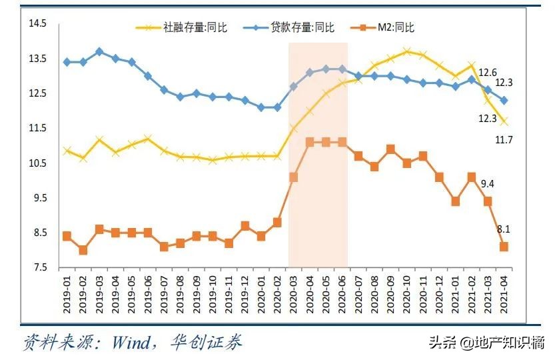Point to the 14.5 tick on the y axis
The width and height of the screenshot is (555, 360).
click(x=37, y=24)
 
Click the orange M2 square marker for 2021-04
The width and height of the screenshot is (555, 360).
click(x=504, y=247)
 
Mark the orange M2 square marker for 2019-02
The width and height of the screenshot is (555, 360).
click(x=83, y=250)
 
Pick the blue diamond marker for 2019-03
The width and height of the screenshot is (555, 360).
click(x=99, y=51)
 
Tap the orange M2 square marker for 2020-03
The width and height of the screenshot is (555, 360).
click(x=293, y=177)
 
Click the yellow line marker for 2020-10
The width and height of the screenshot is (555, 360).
click(x=406, y=51)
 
